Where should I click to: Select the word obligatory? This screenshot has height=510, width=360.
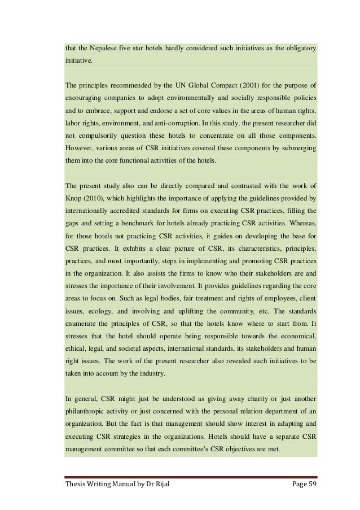[x=297, y=49]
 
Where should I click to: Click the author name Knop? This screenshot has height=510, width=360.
[x=74, y=198]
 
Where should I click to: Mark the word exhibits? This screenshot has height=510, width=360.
[x=142, y=247]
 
